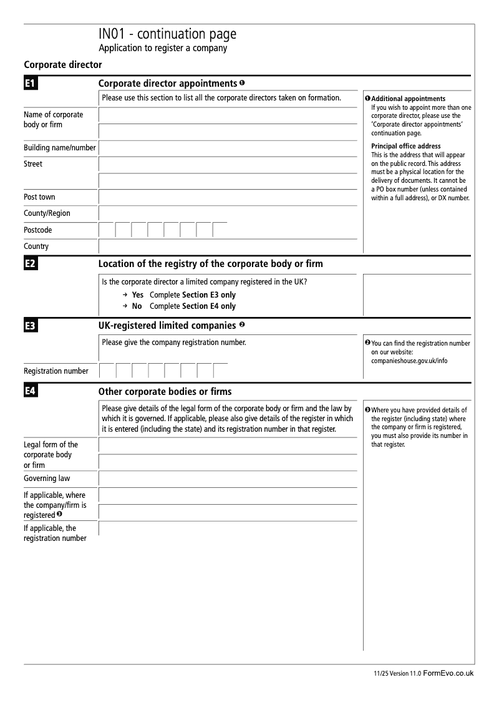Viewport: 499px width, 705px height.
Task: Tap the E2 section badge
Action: click(31, 264)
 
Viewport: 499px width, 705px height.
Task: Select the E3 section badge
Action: click(31, 326)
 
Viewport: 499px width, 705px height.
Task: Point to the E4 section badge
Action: click(31, 392)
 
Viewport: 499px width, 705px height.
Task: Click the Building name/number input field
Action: click(228, 148)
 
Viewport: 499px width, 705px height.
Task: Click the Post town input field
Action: click(228, 197)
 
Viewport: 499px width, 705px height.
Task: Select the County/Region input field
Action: click(228, 213)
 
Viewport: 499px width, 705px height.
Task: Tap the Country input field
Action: click(228, 246)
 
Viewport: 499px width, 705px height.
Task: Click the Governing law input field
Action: click(228, 479)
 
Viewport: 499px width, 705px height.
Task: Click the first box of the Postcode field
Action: click(107, 230)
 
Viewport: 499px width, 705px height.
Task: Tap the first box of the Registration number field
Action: click(107, 371)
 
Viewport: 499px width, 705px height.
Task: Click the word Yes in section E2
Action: click(137, 295)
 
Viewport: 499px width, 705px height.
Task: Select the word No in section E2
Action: click(137, 306)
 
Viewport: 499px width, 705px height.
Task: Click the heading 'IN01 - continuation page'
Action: click(167, 34)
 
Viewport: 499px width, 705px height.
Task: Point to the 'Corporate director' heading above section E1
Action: click(62, 64)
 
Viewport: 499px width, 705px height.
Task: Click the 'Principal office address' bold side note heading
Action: click(405, 147)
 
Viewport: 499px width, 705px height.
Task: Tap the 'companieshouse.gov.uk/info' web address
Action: click(409, 361)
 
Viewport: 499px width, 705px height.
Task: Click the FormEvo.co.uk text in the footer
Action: click(448, 673)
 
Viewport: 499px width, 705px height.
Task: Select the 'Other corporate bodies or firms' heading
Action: click(165, 392)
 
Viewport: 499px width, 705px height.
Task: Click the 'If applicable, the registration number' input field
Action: click(228, 528)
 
